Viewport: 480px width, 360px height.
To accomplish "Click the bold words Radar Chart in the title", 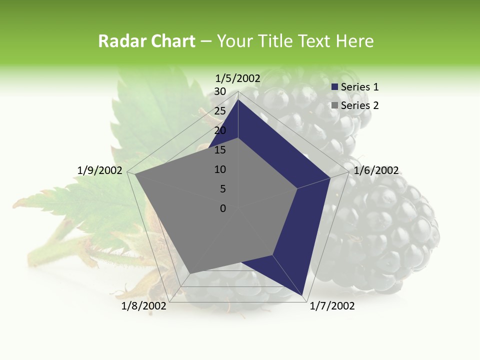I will (146, 41).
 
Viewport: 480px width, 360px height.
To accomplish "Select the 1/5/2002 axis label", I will (238, 78).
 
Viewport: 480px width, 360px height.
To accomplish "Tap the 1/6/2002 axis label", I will (376, 170).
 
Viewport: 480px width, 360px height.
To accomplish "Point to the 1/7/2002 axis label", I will (332, 306).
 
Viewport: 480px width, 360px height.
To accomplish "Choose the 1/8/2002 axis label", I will (144, 306).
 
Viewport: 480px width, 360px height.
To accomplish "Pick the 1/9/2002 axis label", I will (100, 170).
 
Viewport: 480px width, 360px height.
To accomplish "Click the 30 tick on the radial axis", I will (220, 91).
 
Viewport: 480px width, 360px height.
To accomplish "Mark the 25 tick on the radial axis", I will (220, 111).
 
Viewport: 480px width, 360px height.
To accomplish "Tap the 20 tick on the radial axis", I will (220, 130).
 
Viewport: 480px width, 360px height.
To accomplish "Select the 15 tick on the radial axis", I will (220, 150).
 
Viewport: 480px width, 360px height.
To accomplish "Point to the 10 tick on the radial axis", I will (220, 169).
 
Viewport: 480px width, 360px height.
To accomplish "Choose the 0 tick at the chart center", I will (223, 208).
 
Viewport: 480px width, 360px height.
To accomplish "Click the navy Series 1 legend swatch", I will (335, 87).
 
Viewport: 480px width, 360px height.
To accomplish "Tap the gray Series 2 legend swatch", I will (335, 105).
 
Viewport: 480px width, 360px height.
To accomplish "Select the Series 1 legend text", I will (359, 87).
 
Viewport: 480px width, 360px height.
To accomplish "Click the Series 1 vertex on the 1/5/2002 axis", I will (238, 99).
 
